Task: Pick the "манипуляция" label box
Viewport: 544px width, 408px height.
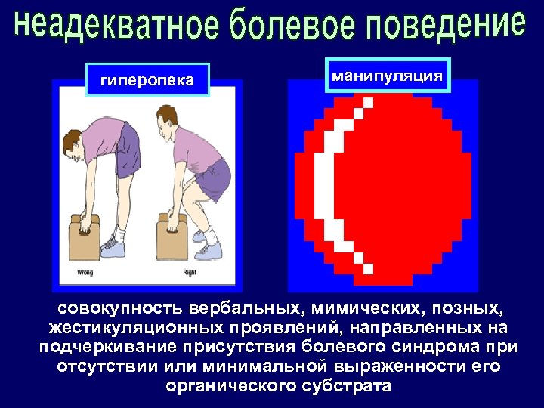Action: point(388,76)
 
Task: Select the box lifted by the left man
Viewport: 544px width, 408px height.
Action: point(85,239)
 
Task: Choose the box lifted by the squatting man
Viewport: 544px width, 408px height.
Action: point(172,237)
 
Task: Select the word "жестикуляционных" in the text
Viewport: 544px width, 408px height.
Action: point(135,329)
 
